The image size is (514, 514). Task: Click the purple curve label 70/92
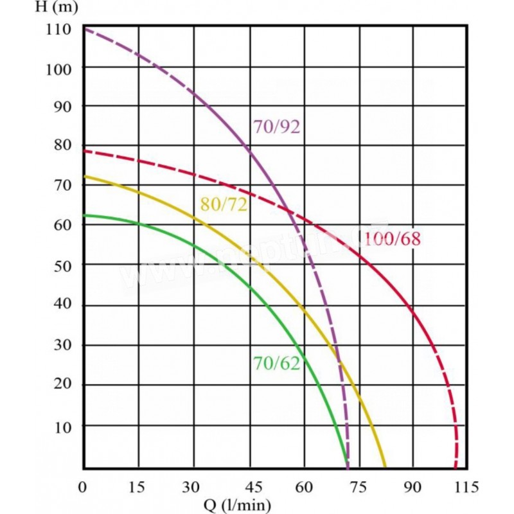[x=276, y=127]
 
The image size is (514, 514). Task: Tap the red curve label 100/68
[x=392, y=240]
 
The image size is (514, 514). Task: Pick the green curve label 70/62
[x=276, y=364]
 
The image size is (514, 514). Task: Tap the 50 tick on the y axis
[x=66, y=265]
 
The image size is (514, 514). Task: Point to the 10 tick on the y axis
[x=66, y=426]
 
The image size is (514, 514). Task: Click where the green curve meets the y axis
[x=84, y=215]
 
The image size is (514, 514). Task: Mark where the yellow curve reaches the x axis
[x=385, y=467]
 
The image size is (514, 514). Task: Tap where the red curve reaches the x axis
[x=456, y=467]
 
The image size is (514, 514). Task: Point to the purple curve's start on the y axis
[x=84, y=28]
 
